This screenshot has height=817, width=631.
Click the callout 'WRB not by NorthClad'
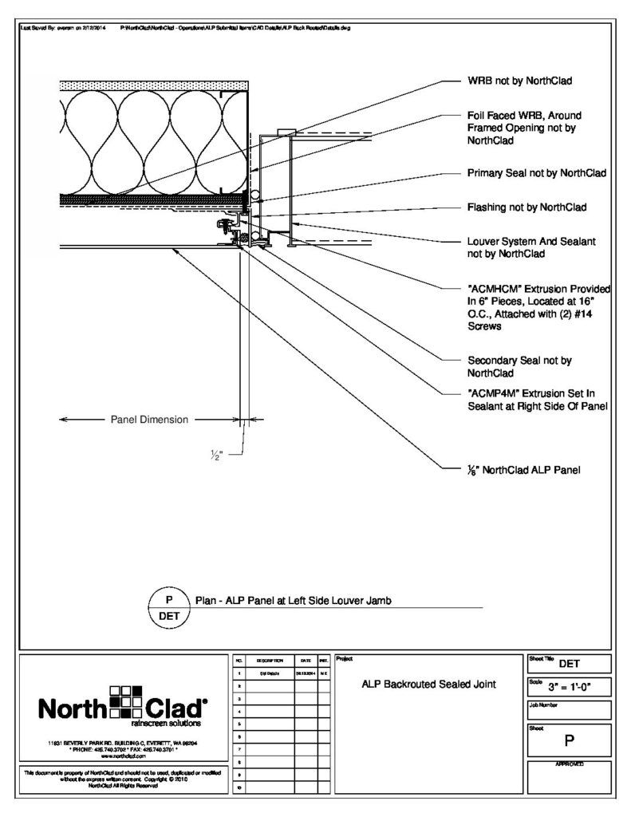tap(519, 81)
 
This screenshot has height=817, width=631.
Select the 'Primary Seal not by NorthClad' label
tap(536, 172)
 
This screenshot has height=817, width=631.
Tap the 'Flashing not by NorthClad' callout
tap(526, 207)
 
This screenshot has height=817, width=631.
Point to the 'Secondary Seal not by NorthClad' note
tap(519, 366)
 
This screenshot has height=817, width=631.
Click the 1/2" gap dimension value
tap(216, 456)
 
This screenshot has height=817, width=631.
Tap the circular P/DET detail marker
tap(169, 607)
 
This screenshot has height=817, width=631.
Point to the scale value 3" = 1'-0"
tap(568, 685)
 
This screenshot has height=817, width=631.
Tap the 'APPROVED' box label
tap(570, 764)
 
